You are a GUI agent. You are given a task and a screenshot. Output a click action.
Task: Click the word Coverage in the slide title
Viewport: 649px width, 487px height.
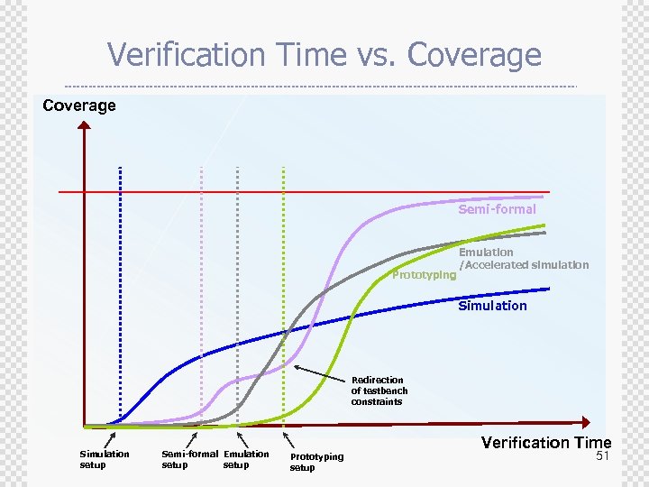tap(474, 56)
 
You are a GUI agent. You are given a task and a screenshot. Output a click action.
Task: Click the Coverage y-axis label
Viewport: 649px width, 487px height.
tap(79, 106)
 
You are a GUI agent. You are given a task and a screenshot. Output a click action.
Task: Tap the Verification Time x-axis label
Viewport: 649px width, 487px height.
tap(545, 442)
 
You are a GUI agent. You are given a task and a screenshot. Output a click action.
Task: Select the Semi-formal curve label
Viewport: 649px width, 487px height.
tap(497, 209)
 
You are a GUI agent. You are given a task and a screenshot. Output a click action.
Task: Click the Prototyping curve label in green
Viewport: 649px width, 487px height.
tap(424, 275)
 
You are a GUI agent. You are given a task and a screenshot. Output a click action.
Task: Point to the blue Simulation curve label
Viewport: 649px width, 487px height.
tap(492, 306)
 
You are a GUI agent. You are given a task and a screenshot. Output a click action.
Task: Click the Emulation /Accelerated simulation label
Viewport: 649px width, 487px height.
tap(523, 259)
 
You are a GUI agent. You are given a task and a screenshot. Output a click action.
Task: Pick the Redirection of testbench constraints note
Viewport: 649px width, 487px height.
tap(379, 391)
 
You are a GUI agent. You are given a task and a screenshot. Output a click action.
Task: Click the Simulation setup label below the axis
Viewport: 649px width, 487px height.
tap(105, 459)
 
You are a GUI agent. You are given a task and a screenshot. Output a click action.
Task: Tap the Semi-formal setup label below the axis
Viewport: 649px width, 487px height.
tap(189, 459)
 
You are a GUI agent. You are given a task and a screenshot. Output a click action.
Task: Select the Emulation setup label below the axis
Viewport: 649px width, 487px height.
tap(246, 459)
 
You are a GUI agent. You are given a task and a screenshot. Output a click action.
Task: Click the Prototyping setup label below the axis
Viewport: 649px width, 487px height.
tap(316, 462)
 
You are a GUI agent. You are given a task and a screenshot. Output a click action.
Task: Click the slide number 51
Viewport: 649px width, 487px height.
tap(603, 457)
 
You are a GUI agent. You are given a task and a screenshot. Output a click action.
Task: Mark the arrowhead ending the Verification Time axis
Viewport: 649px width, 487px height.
tap(587, 422)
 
